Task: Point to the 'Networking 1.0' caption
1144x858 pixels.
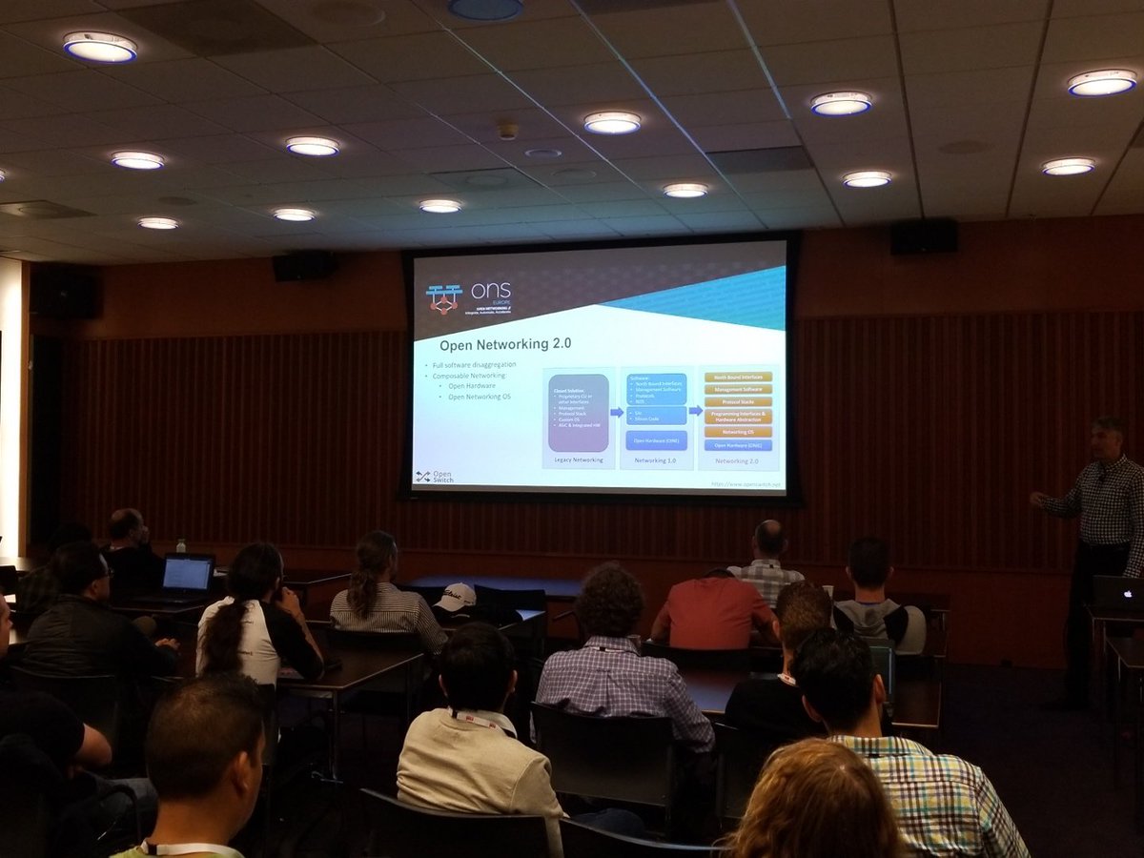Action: [656, 460]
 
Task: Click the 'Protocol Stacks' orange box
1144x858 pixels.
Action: [738, 402]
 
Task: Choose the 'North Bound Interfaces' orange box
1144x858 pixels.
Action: [738, 377]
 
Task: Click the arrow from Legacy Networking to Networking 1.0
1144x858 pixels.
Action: [617, 412]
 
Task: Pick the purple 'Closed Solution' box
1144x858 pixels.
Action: [578, 412]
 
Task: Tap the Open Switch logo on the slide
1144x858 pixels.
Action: [435, 476]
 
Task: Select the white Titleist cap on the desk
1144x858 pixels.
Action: [456, 598]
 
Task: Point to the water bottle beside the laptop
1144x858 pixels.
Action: [180, 546]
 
